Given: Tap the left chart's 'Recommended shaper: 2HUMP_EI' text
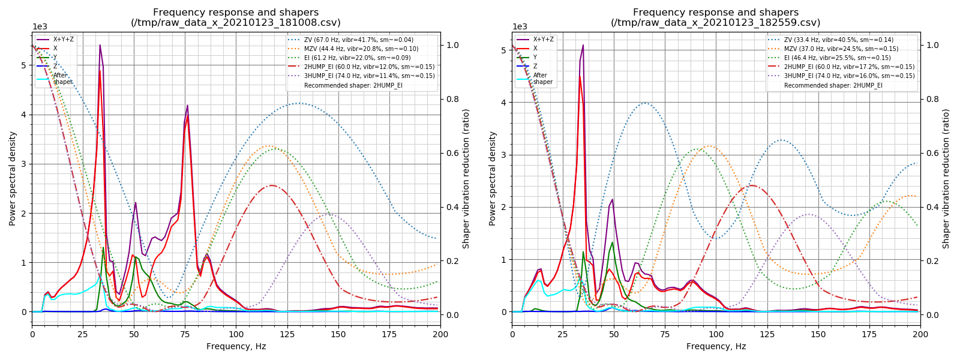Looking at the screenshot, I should point(353,85).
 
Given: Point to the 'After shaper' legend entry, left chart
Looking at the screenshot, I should point(62,79).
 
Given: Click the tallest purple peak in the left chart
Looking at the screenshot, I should point(100,45).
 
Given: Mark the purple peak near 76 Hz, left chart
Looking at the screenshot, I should point(187,106).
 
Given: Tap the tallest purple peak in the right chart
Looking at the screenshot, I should point(583,45).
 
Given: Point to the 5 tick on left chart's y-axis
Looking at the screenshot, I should point(23,65).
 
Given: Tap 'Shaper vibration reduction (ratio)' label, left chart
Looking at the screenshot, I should point(466,178).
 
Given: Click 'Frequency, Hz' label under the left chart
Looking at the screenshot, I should point(236,346).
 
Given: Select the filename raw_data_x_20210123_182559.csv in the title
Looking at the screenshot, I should point(715,23).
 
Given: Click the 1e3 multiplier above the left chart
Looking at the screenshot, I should point(40,26).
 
